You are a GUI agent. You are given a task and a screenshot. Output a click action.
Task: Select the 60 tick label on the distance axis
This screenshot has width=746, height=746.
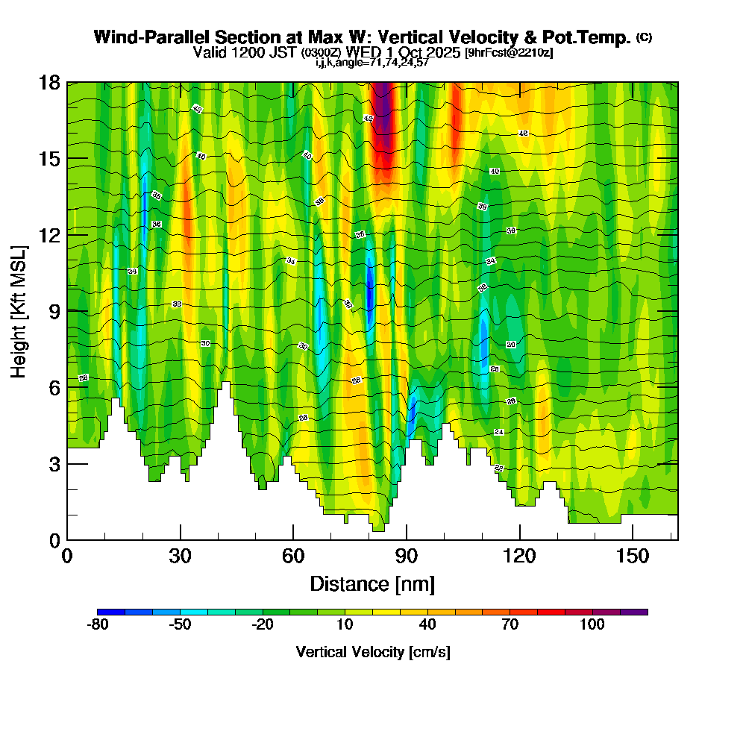pos(293,557)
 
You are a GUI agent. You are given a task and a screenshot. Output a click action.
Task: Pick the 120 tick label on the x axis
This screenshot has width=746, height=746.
pos(519,557)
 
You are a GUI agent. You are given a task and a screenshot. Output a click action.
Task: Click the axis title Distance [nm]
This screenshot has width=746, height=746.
pos(372,583)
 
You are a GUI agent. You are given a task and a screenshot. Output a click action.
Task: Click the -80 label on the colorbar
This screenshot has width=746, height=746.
pos(98,624)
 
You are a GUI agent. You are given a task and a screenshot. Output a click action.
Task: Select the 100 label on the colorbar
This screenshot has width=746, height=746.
pos(592,624)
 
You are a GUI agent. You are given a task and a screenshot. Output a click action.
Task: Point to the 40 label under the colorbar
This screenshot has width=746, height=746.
pos(427,624)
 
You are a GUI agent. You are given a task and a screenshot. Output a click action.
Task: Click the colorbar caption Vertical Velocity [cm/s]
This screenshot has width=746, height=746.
pos(372,652)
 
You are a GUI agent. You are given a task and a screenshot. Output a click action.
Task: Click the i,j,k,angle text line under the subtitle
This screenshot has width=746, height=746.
pos(372,63)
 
